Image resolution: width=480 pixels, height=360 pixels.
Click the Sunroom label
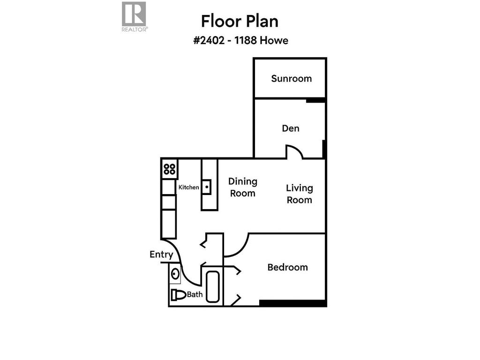(x=291, y=78)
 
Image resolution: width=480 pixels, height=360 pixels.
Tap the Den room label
(x=291, y=128)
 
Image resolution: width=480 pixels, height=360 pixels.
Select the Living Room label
(x=299, y=194)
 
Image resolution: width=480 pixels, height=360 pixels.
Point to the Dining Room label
(x=242, y=187)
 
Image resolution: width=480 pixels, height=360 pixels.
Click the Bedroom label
(x=287, y=267)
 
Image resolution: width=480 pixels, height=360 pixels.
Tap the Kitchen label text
(x=189, y=187)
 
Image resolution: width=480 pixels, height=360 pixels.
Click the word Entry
(x=161, y=255)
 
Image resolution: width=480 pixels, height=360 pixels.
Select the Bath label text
(x=195, y=295)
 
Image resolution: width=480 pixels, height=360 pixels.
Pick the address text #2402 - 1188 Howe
(x=240, y=41)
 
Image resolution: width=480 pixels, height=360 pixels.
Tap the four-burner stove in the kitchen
(x=169, y=169)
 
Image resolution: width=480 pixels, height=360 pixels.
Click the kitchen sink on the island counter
(x=206, y=187)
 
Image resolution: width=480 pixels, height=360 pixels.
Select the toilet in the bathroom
(x=178, y=295)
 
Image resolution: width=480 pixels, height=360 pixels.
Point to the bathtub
(x=212, y=286)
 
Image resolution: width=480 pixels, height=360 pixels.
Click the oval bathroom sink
(x=175, y=274)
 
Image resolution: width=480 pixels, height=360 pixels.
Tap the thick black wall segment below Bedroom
(x=292, y=303)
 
